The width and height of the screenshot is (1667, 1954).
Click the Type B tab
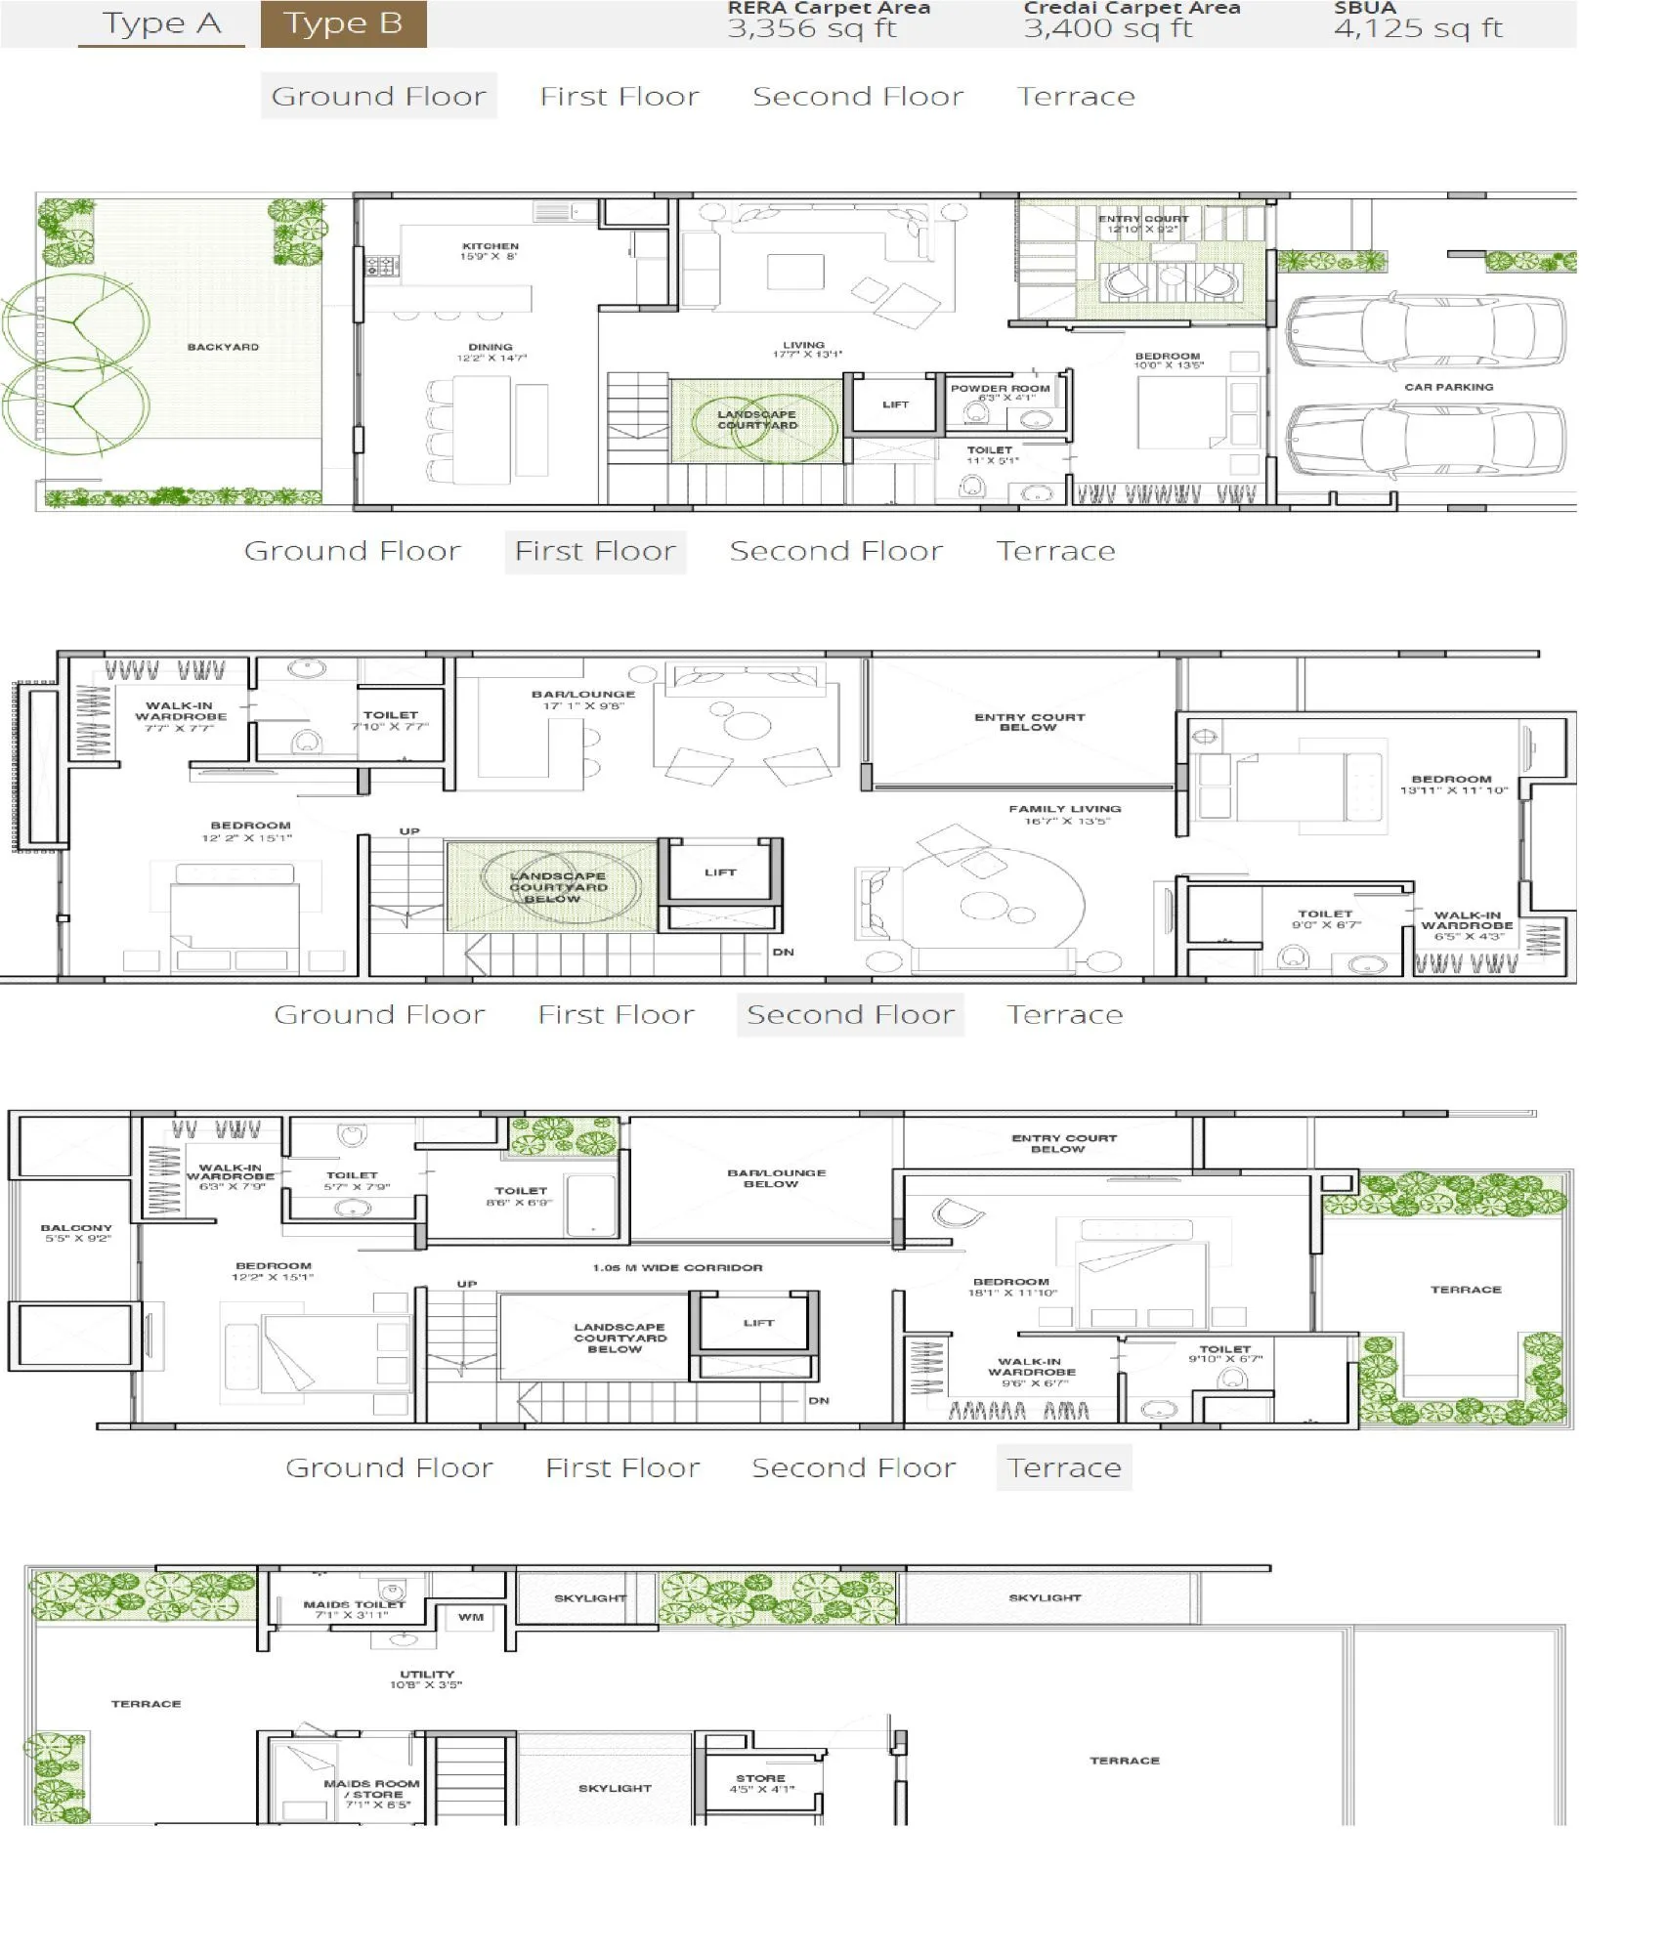(343, 23)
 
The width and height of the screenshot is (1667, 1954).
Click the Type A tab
(161, 23)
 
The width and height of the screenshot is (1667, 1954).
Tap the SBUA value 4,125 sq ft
(1417, 27)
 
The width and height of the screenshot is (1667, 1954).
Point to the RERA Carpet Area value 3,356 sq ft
(811, 27)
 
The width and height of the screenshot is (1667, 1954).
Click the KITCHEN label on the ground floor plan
(491, 246)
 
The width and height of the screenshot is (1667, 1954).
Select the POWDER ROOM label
(1000, 388)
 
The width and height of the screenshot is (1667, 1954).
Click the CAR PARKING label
(1448, 387)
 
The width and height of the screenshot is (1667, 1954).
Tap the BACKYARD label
(223, 347)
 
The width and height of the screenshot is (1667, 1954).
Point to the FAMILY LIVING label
(1064, 809)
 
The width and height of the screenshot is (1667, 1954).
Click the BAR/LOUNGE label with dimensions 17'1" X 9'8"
(583, 695)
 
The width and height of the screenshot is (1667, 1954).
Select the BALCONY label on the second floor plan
(76, 1228)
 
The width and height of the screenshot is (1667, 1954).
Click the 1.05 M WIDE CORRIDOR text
(677, 1267)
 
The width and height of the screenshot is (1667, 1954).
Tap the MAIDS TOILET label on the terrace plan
(354, 1604)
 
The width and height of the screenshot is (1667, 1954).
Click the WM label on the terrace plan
(471, 1617)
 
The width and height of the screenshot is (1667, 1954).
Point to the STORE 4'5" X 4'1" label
(761, 1778)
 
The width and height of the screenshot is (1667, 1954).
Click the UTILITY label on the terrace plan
(427, 1674)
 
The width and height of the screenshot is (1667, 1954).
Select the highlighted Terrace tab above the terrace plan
(1063, 1467)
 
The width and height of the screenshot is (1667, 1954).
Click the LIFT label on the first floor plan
(720, 872)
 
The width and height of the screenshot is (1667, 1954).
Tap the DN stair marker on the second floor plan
(819, 1400)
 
